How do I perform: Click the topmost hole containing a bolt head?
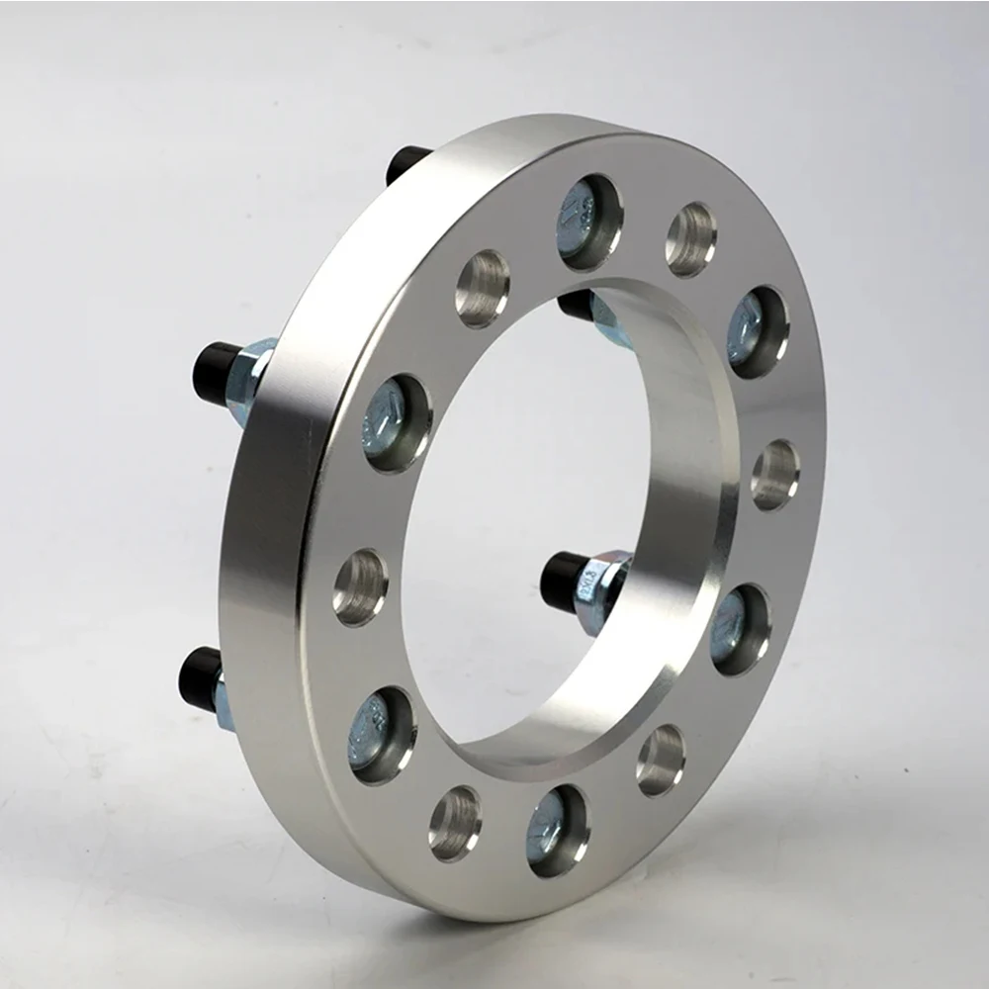(x=589, y=222)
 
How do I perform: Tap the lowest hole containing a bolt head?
(x=557, y=830)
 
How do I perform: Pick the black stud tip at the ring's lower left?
(x=199, y=678)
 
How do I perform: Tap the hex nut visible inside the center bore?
(x=600, y=589)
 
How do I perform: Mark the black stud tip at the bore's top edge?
(x=576, y=304)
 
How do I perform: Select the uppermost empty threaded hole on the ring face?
(x=690, y=239)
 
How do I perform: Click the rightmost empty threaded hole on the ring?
(x=774, y=474)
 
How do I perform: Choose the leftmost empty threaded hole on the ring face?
(x=360, y=586)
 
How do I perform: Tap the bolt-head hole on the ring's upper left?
(x=397, y=422)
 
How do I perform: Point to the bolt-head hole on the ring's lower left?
(x=382, y=735)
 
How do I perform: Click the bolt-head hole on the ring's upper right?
(x=758, y=332)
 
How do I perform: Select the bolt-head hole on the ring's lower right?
(x=740, y=629)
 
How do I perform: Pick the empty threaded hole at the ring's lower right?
(x=661, y=760)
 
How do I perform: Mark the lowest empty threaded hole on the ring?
(x=455, y=823)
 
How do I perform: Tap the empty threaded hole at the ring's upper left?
(x=483, y=288)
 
